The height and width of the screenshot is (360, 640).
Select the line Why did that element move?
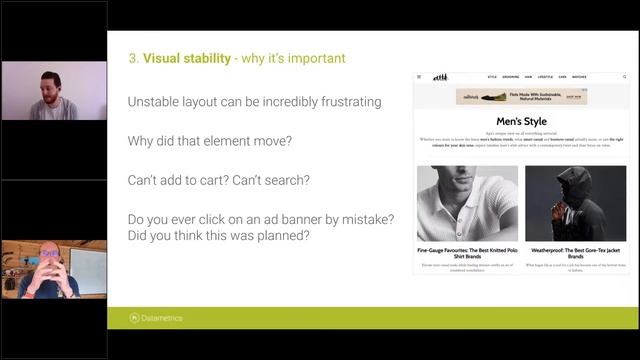point(210,141)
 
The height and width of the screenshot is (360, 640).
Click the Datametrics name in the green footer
point(163,318)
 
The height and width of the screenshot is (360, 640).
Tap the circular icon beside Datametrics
point(135,318)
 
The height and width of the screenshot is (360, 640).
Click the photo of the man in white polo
point(467,203)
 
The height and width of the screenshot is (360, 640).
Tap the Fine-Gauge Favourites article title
point(467,251)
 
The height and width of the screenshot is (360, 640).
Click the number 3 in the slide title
point(133,58)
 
